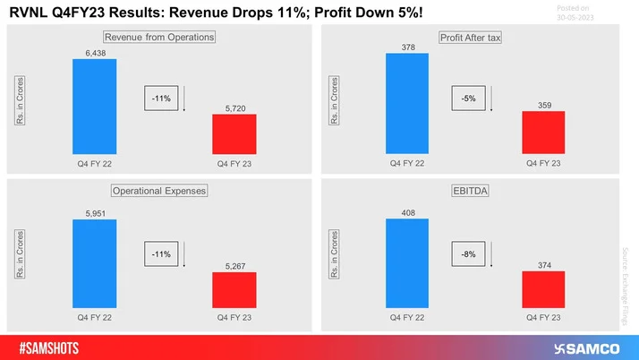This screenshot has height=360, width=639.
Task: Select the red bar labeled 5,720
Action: click(x=234, y=135)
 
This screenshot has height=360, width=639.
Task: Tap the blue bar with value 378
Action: click(x=407, y=103)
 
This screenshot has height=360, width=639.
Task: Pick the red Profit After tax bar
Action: click(x=542, y=134)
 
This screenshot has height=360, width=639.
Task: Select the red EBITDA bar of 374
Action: click(x=542, y=290)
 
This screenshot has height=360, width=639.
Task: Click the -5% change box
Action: click(x=469, y=99)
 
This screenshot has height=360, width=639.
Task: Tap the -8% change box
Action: click(x=469, y=253)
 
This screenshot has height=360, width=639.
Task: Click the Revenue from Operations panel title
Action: click(x=160, y=38)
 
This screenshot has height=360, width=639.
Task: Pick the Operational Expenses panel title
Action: click(x=159, y=191)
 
